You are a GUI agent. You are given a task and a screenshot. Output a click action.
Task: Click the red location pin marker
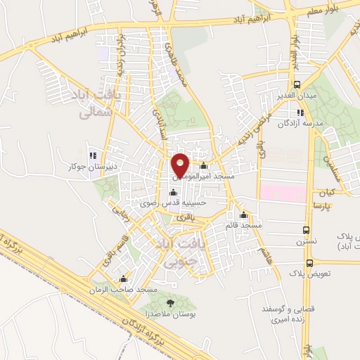pyautogui.click(x=180, y=165)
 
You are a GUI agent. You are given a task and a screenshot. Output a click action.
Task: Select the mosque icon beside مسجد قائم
pyautogui.click(x=244, y=215)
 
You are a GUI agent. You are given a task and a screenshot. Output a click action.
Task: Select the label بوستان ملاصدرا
pyautogui.click(x=172, y=316)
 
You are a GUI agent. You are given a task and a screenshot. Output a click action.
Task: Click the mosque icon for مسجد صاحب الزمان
pyautogui.click(x=124, y=279)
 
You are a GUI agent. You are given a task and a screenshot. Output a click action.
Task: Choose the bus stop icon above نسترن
pyautogui.click(x=307, y=229)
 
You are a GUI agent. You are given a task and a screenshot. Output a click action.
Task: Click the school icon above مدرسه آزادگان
pyautogui.click(x=300, y=112)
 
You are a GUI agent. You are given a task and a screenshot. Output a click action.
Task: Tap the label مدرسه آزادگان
pyautogui.click(x=303, y=124)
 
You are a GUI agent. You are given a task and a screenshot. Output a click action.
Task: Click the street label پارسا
pyautogui.click(x=322, y=206)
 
